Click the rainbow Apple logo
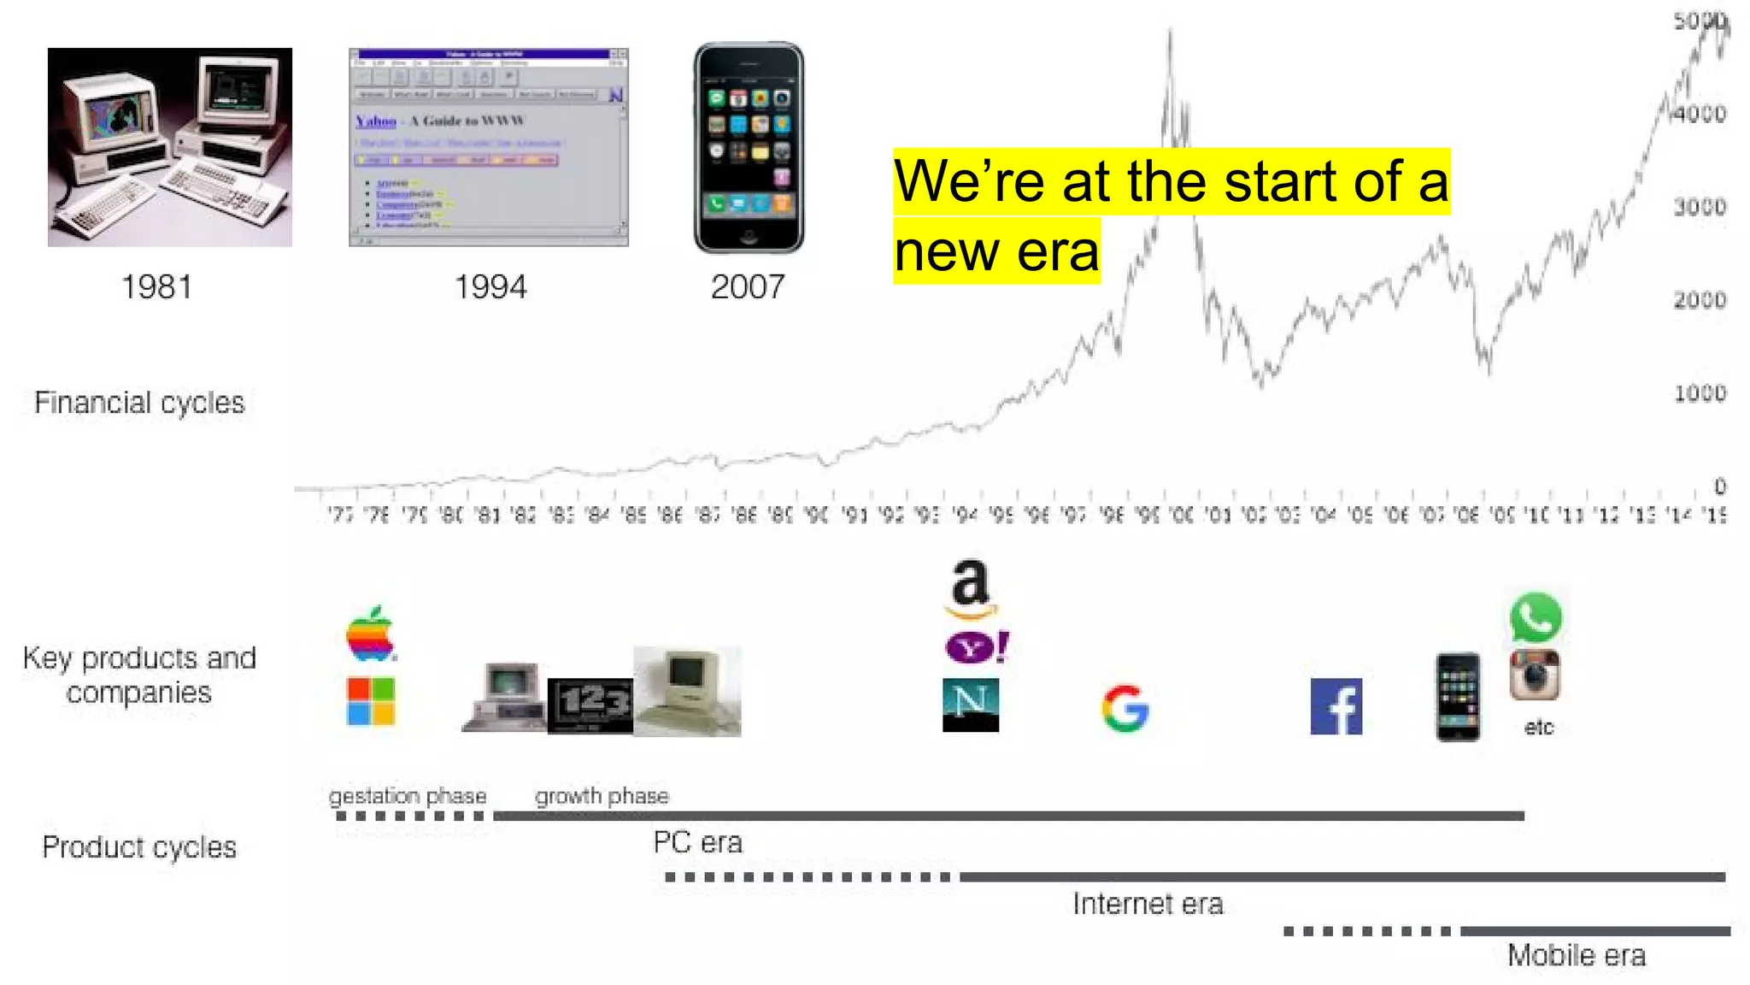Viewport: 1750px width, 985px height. pos(371,635)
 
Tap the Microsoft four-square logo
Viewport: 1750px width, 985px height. pos(371,701)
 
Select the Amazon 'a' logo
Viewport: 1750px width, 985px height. pos(971,588)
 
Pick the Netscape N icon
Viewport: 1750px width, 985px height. pos(971,705)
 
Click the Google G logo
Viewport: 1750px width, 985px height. pos(1125,709)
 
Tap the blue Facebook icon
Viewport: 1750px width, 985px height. pos(1336,707)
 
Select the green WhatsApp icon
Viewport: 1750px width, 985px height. pos(1536,617)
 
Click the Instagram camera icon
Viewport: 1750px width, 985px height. pos(1536,675)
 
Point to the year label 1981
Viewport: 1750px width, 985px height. pos(156,287)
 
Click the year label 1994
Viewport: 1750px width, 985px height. pos(490,287)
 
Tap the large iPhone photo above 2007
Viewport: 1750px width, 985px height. pos(749,148)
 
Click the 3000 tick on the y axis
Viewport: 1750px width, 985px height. pos(1699,207)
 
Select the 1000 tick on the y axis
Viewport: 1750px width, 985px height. pos(1699,393)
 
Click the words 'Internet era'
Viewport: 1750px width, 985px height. pos(1148,904)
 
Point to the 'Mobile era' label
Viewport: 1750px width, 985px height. pos(1576,955)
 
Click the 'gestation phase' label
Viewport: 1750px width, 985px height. pos(408,796)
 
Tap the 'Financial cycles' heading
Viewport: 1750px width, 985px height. pos(139,402)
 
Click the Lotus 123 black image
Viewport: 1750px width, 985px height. pos(590,705)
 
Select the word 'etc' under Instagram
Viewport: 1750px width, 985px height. pos(1538,728)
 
